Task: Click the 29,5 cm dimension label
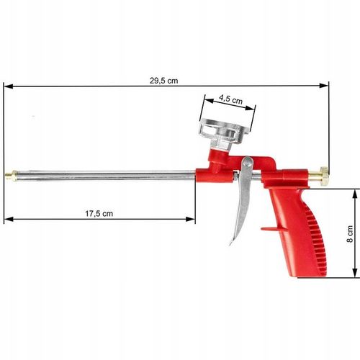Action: [163, 81]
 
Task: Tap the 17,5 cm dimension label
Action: [99, 213]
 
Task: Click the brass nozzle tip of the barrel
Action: [9, 174]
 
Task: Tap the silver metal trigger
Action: [241, 202]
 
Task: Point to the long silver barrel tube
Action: [101, 174]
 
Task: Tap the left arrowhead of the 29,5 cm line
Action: [6, 86]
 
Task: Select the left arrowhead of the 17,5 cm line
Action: [6, 219]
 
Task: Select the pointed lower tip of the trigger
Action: [232, 243]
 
